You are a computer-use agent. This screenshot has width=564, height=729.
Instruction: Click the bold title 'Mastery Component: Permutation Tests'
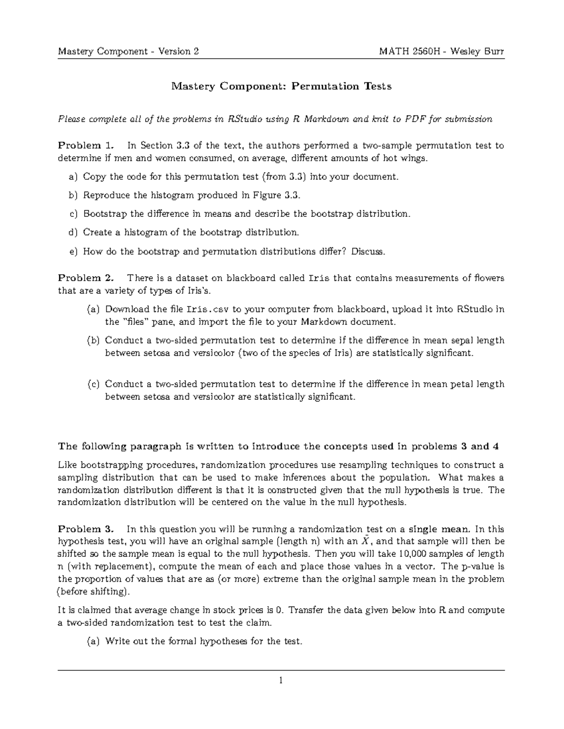tap(281, 86)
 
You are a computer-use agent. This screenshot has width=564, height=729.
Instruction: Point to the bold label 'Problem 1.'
tap(86, 146)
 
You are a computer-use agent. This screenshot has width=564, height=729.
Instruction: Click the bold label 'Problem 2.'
tap(86, 278)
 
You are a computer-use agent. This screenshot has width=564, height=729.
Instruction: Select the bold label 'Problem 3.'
tap(86, 528)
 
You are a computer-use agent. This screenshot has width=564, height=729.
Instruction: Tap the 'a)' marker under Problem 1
tap(72, 177)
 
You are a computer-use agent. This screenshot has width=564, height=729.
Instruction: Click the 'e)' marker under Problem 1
tap(72, 252)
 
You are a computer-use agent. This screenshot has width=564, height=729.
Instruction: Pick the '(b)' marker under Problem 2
tap(94, 340)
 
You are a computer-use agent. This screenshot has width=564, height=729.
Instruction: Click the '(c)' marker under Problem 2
tap(94, 384)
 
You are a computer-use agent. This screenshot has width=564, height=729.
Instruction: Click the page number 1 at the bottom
tap(281, 680)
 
